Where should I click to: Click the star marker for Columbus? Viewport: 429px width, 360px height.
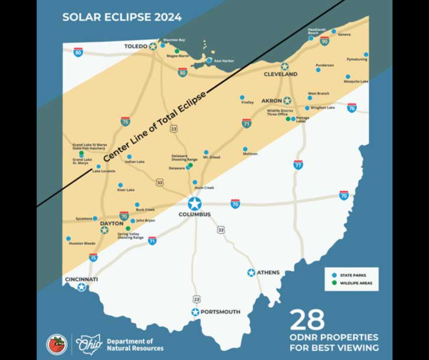(x=195, y=204)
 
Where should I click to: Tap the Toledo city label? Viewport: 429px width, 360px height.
(x=136, y=47)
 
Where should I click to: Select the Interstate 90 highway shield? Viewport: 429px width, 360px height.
(x=324, y=41)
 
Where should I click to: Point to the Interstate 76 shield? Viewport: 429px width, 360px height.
(x=351, y=108)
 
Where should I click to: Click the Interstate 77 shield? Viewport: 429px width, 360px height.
(x=298, y=164)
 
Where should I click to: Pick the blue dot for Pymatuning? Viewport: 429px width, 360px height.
(x=366, y=54)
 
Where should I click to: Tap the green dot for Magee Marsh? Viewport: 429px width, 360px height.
(x=177, y=51)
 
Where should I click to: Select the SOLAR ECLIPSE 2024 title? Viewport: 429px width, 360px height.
(x=122, y=17)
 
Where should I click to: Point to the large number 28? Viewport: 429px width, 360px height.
(x=307, y=320)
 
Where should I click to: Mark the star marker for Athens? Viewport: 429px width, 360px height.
(x=251, y=273)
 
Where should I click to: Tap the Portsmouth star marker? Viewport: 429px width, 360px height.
(x=195, y=312)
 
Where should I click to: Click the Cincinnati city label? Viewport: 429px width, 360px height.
(x=81, y=279)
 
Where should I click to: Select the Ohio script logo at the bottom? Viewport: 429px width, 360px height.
(x=89, y=344)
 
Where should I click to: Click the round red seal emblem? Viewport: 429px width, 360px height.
(x=57, y=344)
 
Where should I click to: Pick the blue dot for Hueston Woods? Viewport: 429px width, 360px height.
(x=68, y=238)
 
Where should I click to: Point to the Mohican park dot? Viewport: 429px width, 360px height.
(x=245, y=149)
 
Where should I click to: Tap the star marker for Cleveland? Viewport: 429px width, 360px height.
(x=285, y=66)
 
